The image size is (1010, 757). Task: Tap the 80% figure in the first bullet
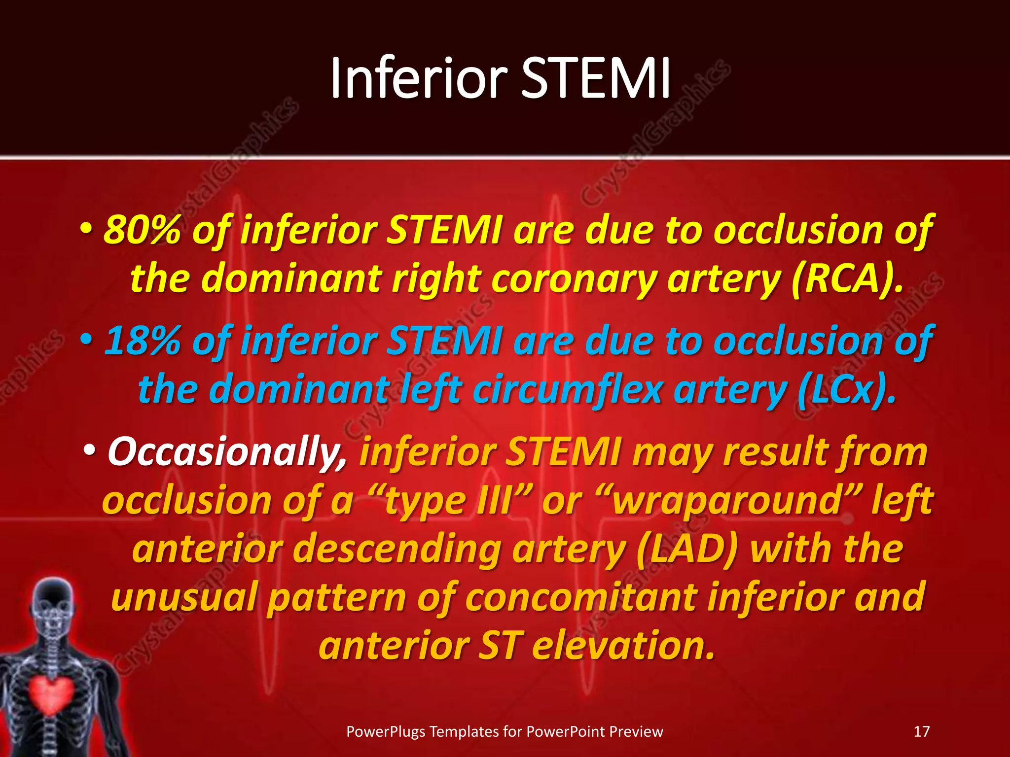coord(142,231)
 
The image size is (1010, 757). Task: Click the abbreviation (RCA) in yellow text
coord(847,279)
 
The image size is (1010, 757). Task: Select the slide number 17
coord(921,731)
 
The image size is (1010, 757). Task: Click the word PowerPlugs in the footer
coord(386,731)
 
